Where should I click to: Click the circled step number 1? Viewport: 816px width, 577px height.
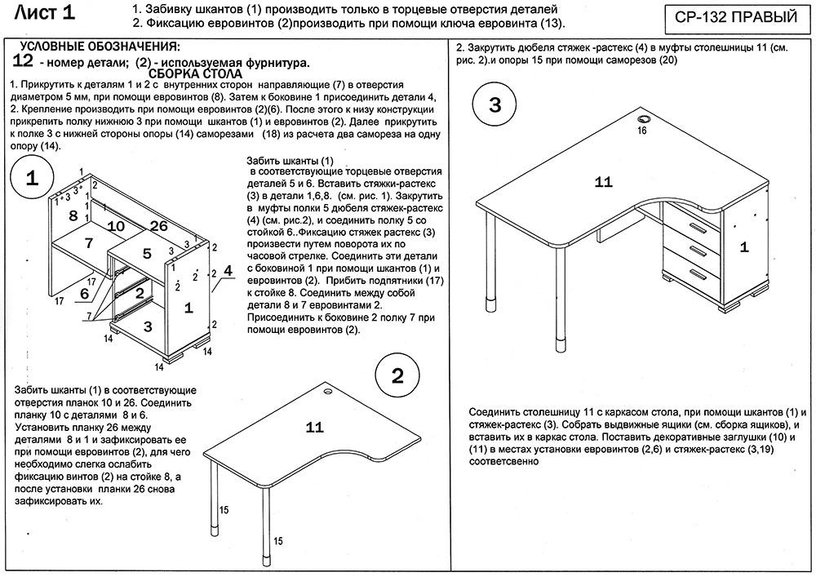(x=32, y=180)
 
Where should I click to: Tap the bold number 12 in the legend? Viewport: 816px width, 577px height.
(x=23, y=61)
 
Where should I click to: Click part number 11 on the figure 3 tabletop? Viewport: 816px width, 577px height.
(x=603, y=182)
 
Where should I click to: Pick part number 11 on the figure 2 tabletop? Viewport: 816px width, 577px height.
(x=315, y=426)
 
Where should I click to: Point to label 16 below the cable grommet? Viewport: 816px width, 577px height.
(x=641, y=131)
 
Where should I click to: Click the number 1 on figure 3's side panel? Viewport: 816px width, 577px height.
(x=743, y=246)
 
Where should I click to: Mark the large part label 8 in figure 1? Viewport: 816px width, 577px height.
(x=73, y=215)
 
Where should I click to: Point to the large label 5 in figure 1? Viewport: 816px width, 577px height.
(x=147, y=254)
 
